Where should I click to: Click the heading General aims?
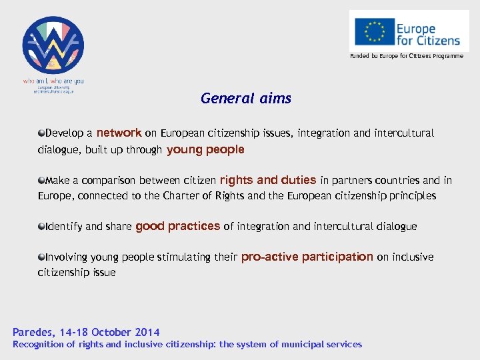[x=246, y=99]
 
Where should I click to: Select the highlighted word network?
[x=119, y=133]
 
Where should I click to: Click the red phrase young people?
[x=205, y=149]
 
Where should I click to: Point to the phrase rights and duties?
[x=268, y=179]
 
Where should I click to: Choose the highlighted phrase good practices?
[x=177, y=226]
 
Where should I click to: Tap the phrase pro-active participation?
[x=307, y=257]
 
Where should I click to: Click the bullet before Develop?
[x=41, y=133]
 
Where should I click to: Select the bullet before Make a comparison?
[x=41, y=180]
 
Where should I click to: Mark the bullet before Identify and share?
[x=41, y=227]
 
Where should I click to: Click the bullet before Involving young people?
[x=41, y=257]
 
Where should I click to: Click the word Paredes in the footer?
[x=33, y=332]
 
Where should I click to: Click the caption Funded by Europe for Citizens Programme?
[x=407, y=56]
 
